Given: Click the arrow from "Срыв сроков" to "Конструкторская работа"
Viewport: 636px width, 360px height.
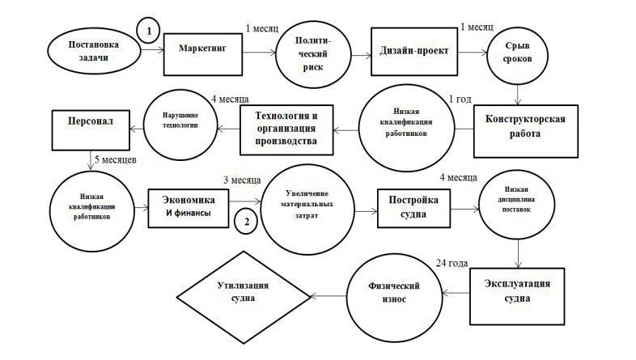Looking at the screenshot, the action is click(x=518, y=95).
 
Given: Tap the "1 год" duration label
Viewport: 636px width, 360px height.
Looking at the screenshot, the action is click(x=460, y=100).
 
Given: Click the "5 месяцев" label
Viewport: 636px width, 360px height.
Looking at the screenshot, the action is click(x=116, y=159).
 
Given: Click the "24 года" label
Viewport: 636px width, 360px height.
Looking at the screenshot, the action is click(x=452, y=264).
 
